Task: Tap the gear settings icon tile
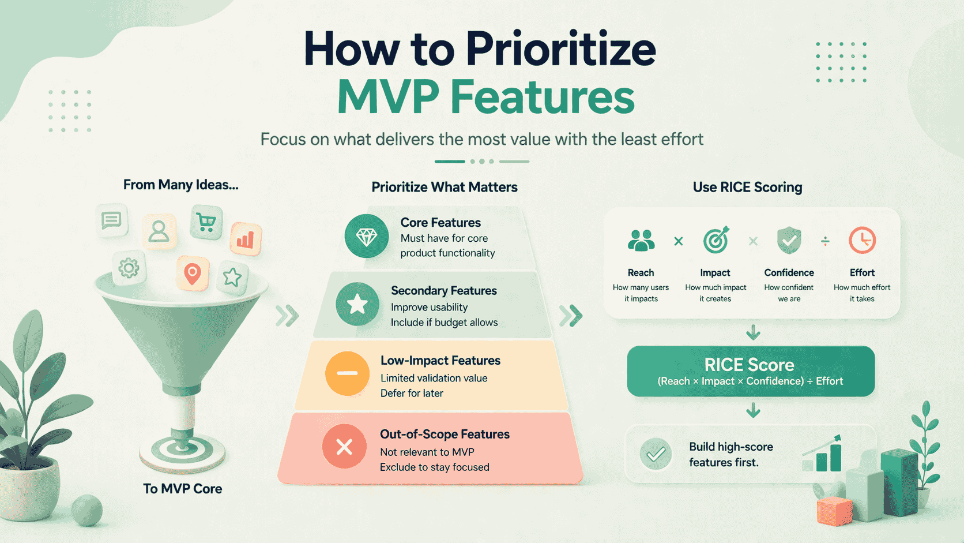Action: (x=129, y=268)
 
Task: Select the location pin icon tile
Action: (x=192, y=273)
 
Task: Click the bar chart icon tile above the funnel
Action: (x=246, y=239)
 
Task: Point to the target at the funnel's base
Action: (x=182, y=448)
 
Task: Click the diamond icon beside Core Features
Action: (x=367, y=236)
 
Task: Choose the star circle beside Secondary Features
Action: (x=357, y=304)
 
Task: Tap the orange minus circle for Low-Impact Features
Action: (x=347, y=373)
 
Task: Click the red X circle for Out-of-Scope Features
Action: (x=344, y=447)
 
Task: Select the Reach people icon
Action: (x=641, y=241)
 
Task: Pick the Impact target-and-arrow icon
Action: (x=716, y=240)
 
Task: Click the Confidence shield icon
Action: (x=789, y=240)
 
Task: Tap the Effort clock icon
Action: (x=862, y=240)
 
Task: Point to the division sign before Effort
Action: (x=825, y=241)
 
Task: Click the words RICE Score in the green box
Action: (x=749, y=365)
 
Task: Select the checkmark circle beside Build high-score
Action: (x=656, y=455)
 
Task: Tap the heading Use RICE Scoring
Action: (x=747, y=187)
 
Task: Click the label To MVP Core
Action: (x=182, y=489)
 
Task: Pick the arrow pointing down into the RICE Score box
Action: (x=753, y=333)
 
